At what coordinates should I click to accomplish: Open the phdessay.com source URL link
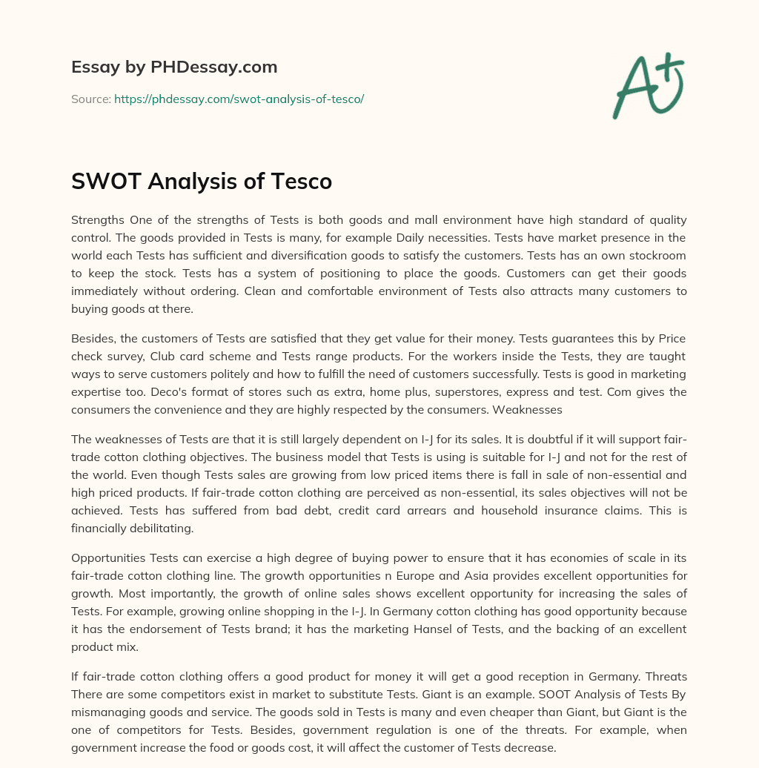[x=239, y=99]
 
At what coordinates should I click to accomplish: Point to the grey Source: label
[x=91, y=99]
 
